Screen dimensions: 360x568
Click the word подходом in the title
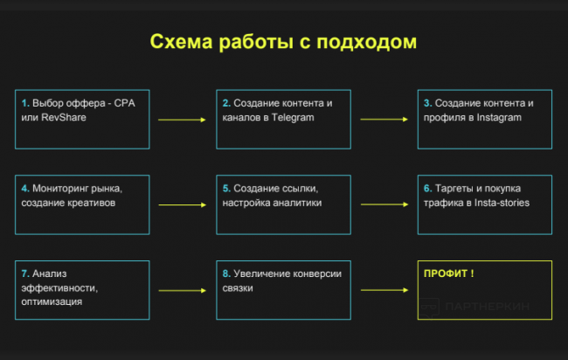click(x=368, y=42)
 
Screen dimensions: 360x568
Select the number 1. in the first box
click(x=25, y=103)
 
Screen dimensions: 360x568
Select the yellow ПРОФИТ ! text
click(x=448, y=273)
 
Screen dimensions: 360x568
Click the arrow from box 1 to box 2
click(x=182, y=119)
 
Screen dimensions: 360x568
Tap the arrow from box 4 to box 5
click(x=182, y=205)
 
